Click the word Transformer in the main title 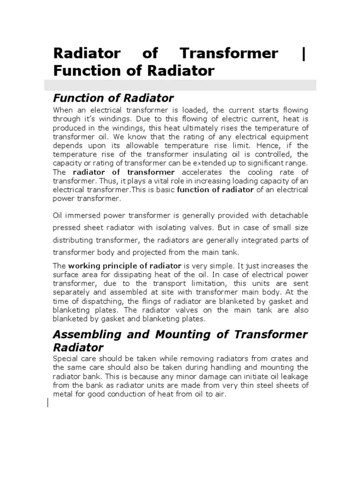[x=229, y=54]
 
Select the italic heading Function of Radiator [x=113, y=98]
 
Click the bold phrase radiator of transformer [x=124, y=172]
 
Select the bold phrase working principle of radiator [x=125, y=266]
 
